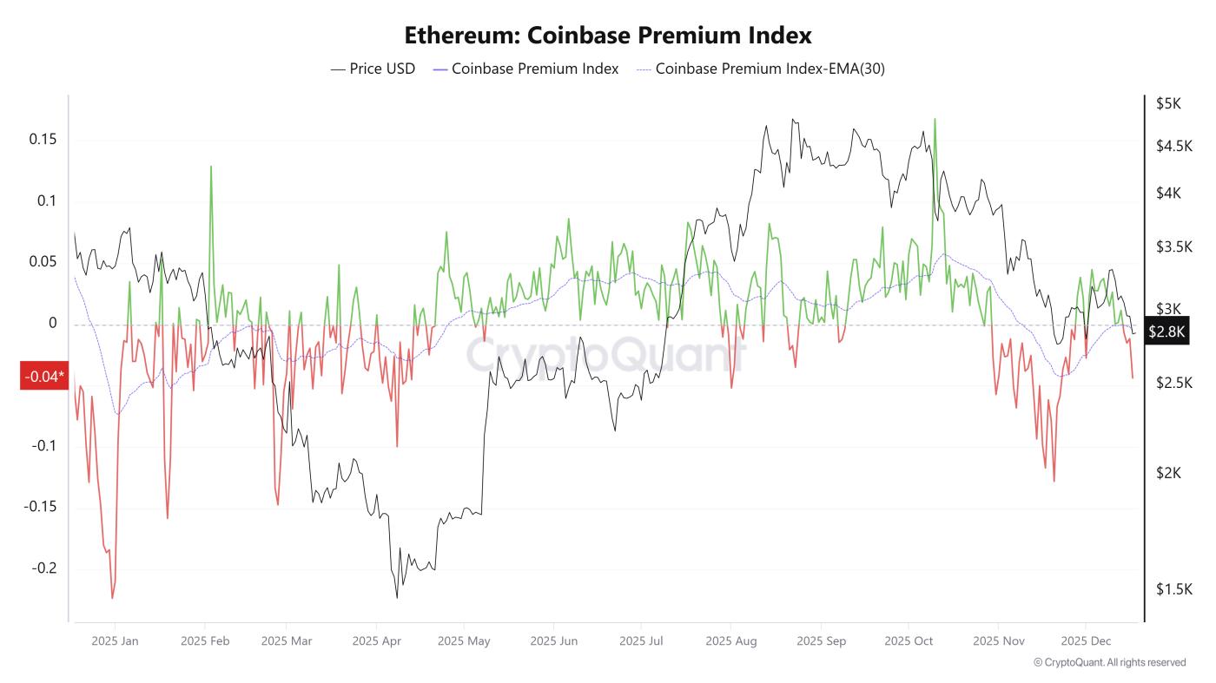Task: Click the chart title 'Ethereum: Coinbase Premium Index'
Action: (x=608, y=36)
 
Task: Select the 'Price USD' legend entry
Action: (x=373, y=69)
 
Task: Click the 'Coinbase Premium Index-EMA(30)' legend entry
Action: (x=761, y=69)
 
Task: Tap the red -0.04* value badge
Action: (x=43, y=377)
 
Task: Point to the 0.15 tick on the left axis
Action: (x=42, y=140)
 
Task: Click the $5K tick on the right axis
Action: (x=1168, y=103)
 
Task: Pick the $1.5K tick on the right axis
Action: (x=1173, y=589)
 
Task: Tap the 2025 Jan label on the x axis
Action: (x=115, y=641)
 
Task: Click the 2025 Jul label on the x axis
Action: (x=641, y=641)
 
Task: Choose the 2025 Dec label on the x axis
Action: (x=1086, y=641)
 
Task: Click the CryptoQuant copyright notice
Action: (x=1109, y=662)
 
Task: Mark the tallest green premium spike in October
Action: (x=935, y=120)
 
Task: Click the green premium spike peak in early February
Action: (x=210, y=167)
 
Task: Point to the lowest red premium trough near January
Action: (x=112, y=597)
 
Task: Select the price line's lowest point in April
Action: (x=397, y=597)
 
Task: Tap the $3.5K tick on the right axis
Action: (x=1174, y=246)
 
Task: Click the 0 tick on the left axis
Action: (x=52, y=324)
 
